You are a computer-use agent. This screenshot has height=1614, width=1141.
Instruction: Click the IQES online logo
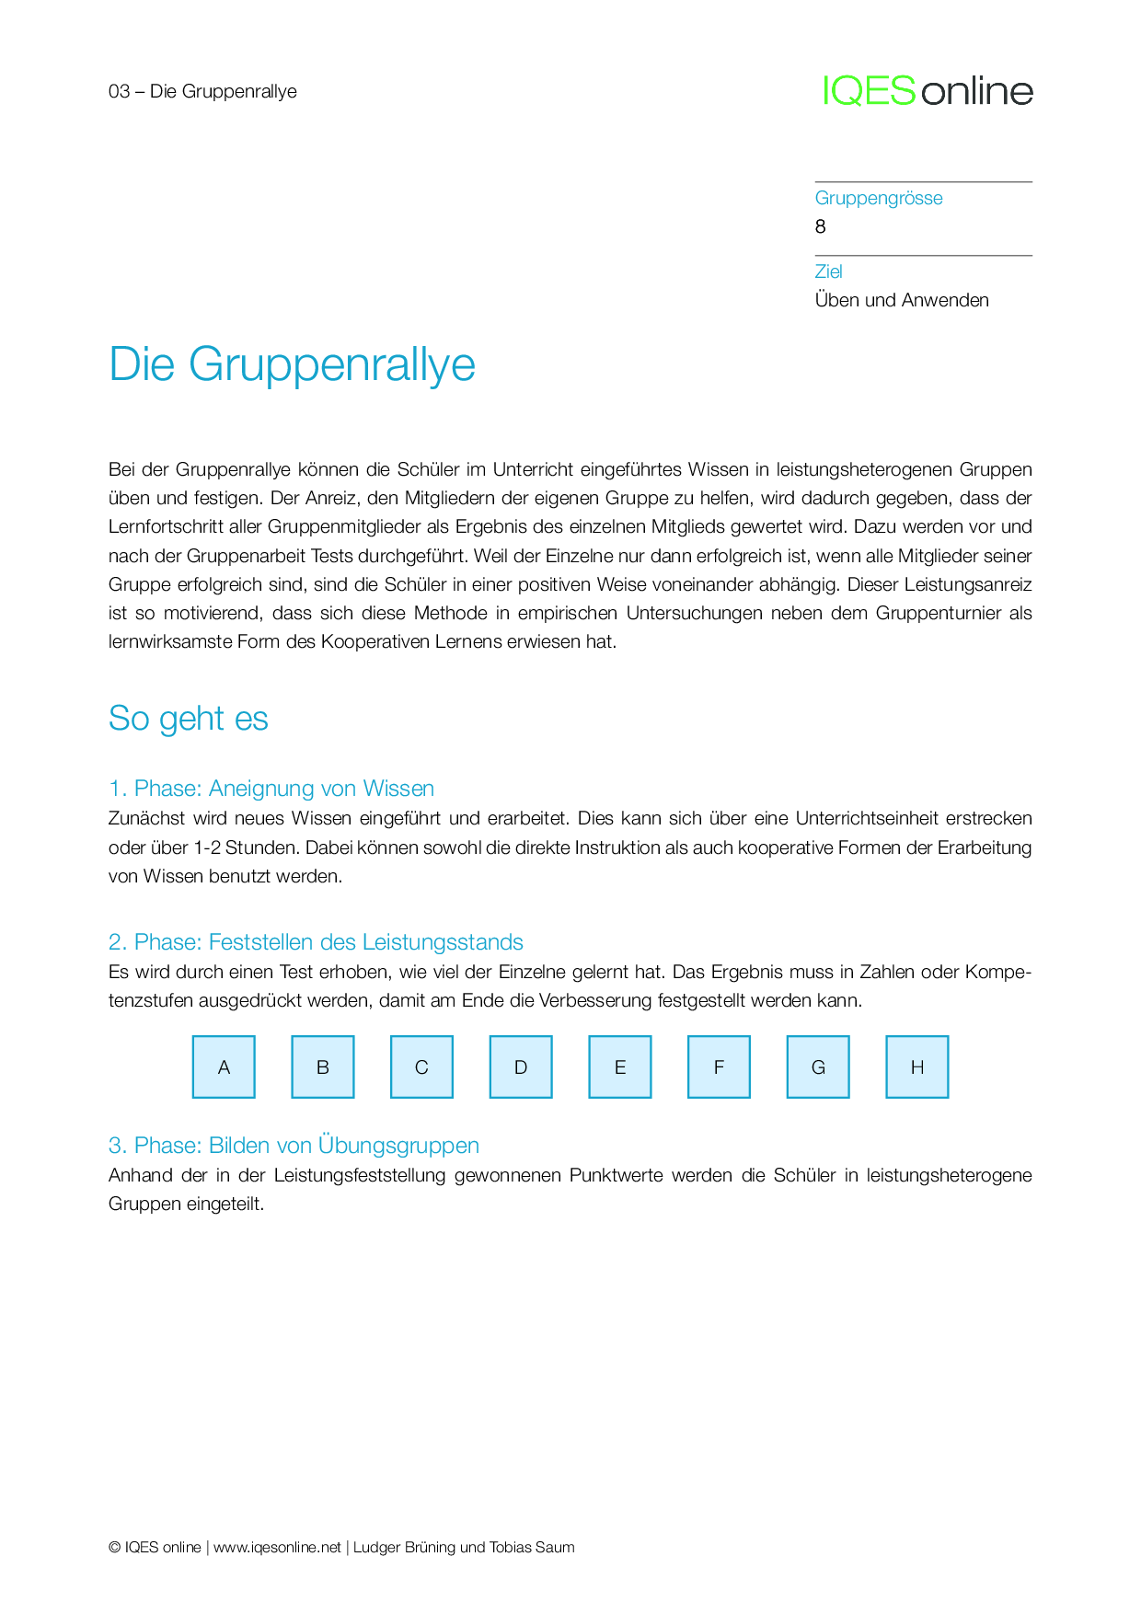[928, 91]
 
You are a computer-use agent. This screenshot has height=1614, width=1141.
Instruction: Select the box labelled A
[224, 1066]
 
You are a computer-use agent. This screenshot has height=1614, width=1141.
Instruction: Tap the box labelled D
[521, 1066]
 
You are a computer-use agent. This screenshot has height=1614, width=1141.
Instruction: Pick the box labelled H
[916, 1066]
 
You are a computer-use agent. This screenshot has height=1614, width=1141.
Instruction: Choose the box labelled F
[719, 1066]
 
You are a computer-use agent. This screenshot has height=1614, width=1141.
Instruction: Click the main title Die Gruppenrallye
[292, 364]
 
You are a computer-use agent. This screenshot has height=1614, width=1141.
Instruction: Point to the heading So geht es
[188, 719]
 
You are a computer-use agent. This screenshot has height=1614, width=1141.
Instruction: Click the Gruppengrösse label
[878, 198]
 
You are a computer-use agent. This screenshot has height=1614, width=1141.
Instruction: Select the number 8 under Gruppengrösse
[821, 226]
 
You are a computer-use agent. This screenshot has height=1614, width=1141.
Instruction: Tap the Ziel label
[828, 271]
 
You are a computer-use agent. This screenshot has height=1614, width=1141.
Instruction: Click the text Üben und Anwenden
[901, 300]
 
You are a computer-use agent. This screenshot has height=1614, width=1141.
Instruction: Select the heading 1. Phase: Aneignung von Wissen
[271, 789]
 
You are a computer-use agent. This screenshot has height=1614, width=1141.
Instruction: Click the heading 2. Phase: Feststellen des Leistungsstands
[316, 942]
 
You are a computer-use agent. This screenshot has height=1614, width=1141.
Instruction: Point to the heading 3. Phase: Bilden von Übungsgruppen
[294, 1146]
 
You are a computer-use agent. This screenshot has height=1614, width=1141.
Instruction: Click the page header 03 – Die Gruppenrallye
[202, 91]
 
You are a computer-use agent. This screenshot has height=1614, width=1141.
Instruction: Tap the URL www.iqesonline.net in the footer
[277, 1548]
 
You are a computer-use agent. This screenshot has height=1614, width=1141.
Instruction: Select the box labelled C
[421, 1066]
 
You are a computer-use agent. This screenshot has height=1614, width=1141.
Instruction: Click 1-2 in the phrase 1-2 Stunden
[206, 847]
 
